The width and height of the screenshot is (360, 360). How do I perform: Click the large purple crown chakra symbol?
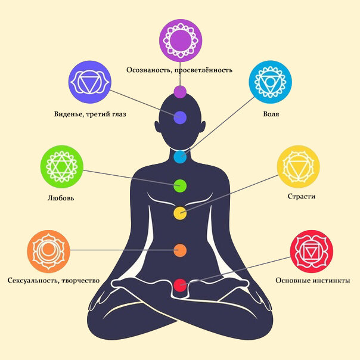[181, 41]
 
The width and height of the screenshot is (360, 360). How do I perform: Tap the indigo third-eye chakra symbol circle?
[90, 82]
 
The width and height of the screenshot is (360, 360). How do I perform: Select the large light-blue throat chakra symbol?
[270, 82]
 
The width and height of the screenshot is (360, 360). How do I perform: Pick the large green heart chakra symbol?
[62, 166]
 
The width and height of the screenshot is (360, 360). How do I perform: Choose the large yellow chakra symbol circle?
[298, 166]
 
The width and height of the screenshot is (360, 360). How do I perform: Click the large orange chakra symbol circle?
[48, 251]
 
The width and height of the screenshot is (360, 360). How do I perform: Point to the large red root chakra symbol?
[311, 251]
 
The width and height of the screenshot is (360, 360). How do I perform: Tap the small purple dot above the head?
[180, 92]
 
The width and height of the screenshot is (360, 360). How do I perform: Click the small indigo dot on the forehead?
[180, 117]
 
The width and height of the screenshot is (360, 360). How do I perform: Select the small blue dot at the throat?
[180, 157]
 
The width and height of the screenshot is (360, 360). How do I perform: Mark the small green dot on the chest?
[180, 186]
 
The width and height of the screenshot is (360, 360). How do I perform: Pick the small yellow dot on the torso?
[180, 213]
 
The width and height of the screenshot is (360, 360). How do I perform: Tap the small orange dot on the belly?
[180, 250]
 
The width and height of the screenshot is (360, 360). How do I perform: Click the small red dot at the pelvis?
[180, 285]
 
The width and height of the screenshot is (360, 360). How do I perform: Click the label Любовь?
[61, 198]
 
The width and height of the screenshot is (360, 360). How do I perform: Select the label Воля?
[271, 114]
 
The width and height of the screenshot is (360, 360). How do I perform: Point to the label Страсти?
[302, 196]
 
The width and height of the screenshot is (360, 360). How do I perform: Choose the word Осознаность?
[149, 70]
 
